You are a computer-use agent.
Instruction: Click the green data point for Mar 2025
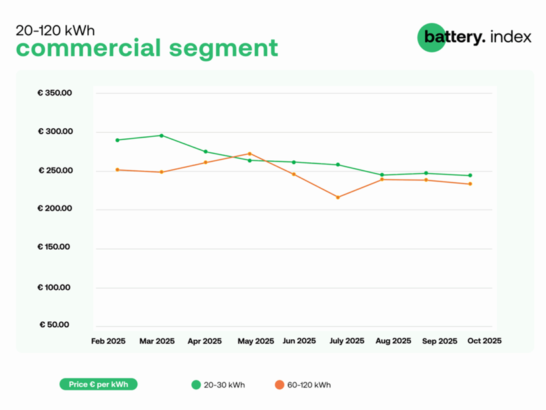tap(161, 136)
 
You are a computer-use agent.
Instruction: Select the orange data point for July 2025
tap(338, 197)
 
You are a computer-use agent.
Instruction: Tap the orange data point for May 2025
tap(249, 154)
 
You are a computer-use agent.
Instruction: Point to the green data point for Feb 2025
tap(117, 140)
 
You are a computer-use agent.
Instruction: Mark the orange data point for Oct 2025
tap(470, 184)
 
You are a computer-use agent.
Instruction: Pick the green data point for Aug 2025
tap(382, 175)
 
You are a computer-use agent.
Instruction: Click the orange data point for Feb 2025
tap(117, 170)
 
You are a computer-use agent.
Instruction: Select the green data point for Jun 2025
tap(294, 162)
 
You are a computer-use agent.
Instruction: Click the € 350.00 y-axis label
tap(55, 93)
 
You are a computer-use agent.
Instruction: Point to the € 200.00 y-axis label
tap(55, 210)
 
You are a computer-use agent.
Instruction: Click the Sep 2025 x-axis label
tap(440, 341)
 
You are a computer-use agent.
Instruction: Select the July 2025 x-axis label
tap(347, 341)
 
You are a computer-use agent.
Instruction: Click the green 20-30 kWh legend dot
tap(196, 385)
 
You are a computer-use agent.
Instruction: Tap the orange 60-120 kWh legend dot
tap(280, 385)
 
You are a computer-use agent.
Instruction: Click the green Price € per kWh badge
tap(99, 385)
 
